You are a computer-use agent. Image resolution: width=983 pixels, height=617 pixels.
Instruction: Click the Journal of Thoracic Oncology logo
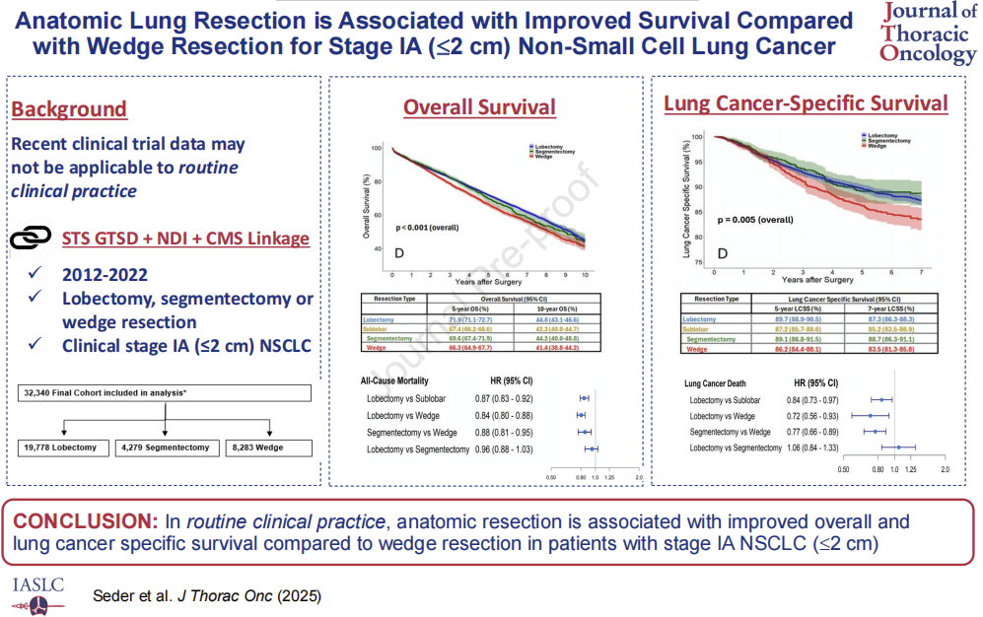click(927, 34)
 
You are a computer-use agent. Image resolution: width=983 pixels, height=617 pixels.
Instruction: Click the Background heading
click(69, 109)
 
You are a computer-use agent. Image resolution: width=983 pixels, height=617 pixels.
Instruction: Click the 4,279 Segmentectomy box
click(165, 447)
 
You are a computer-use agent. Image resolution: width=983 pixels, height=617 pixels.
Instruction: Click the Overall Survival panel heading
click(479, 107)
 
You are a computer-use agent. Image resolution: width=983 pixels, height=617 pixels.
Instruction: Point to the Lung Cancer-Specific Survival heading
click(806, 103)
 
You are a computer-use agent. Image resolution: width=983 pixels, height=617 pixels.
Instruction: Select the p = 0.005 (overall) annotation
click(755, 220)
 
